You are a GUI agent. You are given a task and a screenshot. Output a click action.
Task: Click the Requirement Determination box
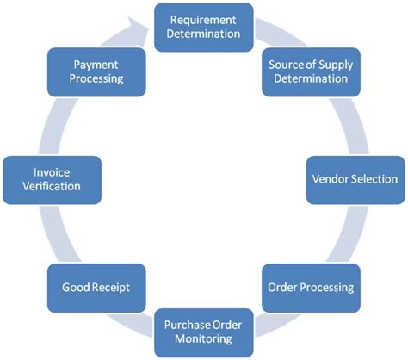[x=203, y=26]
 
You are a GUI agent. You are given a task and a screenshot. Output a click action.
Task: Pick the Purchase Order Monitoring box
[x=203, y=332]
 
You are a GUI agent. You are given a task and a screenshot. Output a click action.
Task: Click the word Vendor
[x=328, y=179]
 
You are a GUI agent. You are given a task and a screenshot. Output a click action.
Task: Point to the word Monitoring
[x=203, y=339]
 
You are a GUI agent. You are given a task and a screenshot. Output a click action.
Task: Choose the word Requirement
[x=203, y=18]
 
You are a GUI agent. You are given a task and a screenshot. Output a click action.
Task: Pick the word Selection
[x=372, y=179]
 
